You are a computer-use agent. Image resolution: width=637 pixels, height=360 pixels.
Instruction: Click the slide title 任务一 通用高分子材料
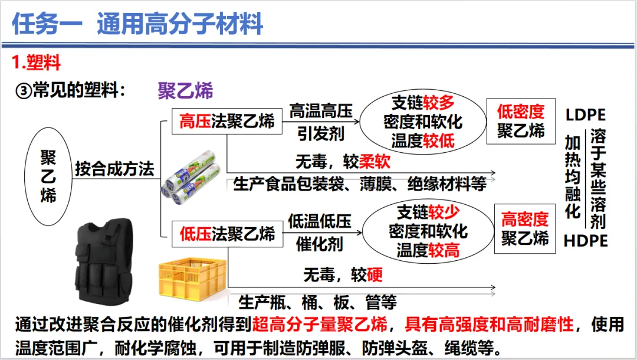click(137, 25)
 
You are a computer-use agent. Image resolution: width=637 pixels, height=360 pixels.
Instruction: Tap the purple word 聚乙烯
click(185, 90)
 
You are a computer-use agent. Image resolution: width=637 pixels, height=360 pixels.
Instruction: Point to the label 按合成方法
click(114, 169)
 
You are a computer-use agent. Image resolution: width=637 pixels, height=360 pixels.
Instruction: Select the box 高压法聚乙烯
click(227, 122)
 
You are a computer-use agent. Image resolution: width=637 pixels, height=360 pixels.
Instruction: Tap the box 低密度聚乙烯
click(521, 121)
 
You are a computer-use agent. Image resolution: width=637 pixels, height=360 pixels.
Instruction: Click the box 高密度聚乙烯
click(525, 229)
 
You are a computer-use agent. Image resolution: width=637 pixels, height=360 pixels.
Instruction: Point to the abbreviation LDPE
click(585, 115)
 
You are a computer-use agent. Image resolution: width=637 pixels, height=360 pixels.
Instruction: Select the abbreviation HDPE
click(585, 241)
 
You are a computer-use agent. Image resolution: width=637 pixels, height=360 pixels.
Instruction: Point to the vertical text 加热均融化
click(572, 176)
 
